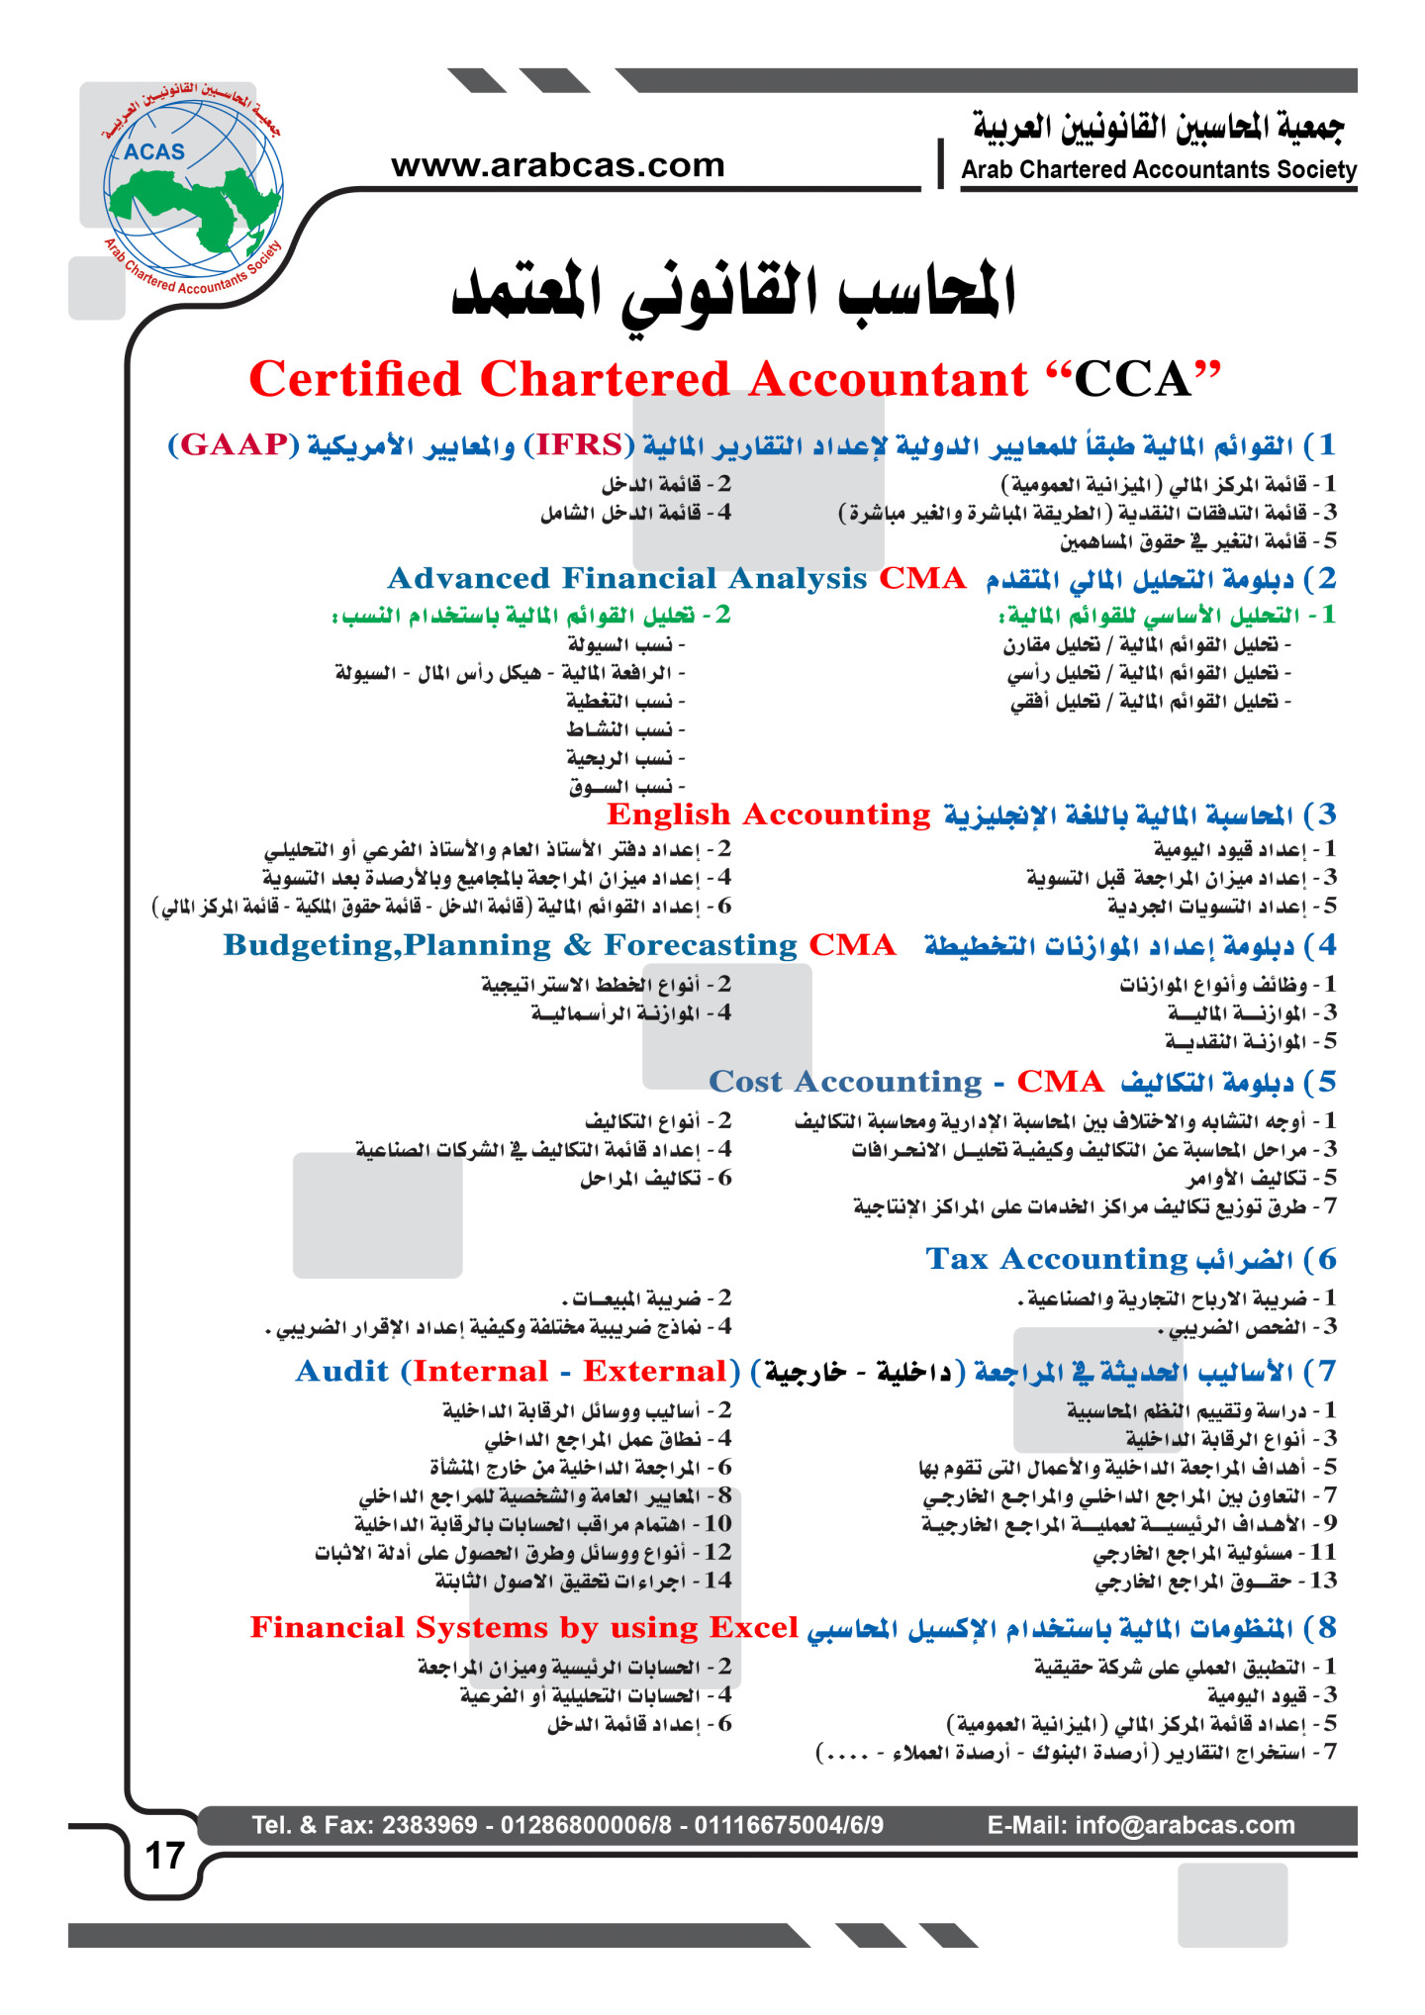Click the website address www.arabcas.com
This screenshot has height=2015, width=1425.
pyautogui.click(x=558, y=165)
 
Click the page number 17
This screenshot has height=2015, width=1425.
pyautogui.click(x=164, y=1856)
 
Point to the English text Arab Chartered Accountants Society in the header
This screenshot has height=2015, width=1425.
pyautogui.click(x=1159, y=170)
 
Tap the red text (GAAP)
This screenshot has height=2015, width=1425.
pyautogui.click(x=234, y=444)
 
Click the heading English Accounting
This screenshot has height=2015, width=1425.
pyautogui.click(x=768, y=815)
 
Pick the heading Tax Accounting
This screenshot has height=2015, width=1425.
pyautogui.click(x=1056, y=1259)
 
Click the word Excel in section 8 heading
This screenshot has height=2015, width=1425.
pyautogui.click(x=754, y=1628)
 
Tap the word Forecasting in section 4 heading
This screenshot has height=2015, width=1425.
pyautogui.click(x=701, y=945)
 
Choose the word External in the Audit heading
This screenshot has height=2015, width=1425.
pyautogui.click(x=654, y=1372)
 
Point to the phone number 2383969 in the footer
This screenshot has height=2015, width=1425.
pyautogui.click(x=429, y=1825)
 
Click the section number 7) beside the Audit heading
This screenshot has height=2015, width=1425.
pyautogui.click(x=1321, y=1372)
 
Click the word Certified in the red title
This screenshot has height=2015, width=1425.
pyautogui.click(x=355, y=380)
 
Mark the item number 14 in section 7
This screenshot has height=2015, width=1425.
pyautogui.click(x=717, y=1581)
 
